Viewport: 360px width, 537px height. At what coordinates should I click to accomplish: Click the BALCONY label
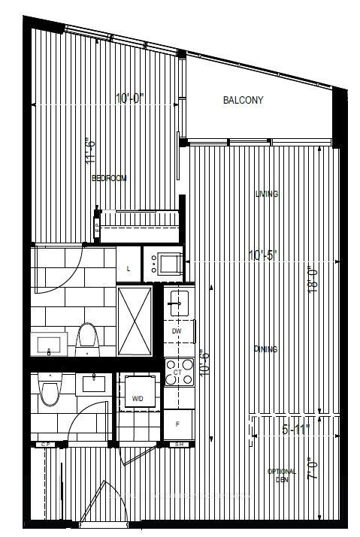(x=243, y=101)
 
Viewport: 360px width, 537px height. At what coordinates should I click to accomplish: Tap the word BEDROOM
(x=108, y=179)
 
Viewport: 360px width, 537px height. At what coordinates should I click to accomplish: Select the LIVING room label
(x=266, y=194)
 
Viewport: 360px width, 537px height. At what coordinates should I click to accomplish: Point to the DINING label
(x=266, y=349)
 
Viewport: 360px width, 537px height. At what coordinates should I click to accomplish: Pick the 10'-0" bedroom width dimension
(x=130, y=98)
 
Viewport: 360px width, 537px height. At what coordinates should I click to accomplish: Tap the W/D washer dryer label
(x=138, y=399)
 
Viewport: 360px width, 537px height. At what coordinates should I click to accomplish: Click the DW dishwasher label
(x=177, y=331)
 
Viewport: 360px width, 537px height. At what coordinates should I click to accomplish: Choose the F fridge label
(x=177, y=424)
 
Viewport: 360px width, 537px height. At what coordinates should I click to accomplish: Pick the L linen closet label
(x=129, y=268)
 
